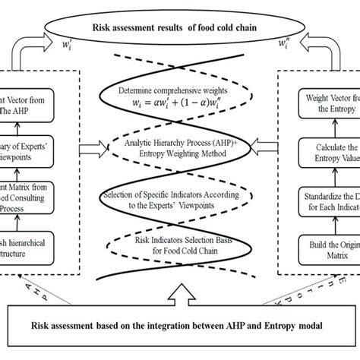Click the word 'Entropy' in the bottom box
pos(280,326)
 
